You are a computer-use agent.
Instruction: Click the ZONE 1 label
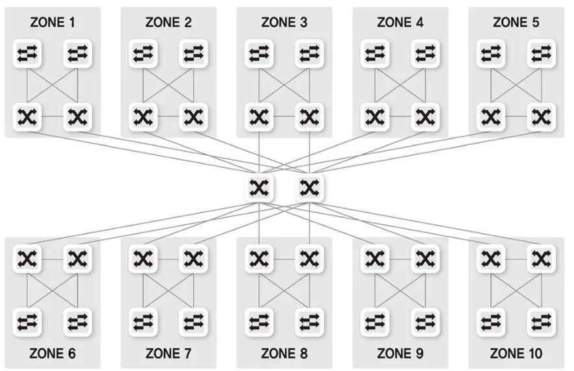(53, 23)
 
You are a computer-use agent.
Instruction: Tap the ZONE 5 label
(516, 23)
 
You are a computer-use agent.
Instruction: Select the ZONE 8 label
(284, 354)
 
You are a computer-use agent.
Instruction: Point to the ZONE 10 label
(516, 354)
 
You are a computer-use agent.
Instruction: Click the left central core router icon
(259, 188)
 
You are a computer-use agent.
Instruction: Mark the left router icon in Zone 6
(27, 259)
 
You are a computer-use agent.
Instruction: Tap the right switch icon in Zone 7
(193, 321)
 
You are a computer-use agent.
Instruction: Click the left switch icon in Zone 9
(374, 321)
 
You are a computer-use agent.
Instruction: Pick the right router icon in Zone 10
(540, 259)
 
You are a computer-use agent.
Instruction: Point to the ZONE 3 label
(284, 23)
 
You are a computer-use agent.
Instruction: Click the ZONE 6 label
(53, 354)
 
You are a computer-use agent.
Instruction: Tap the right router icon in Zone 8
(309, 259)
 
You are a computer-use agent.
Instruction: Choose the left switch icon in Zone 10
(490, 321)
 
